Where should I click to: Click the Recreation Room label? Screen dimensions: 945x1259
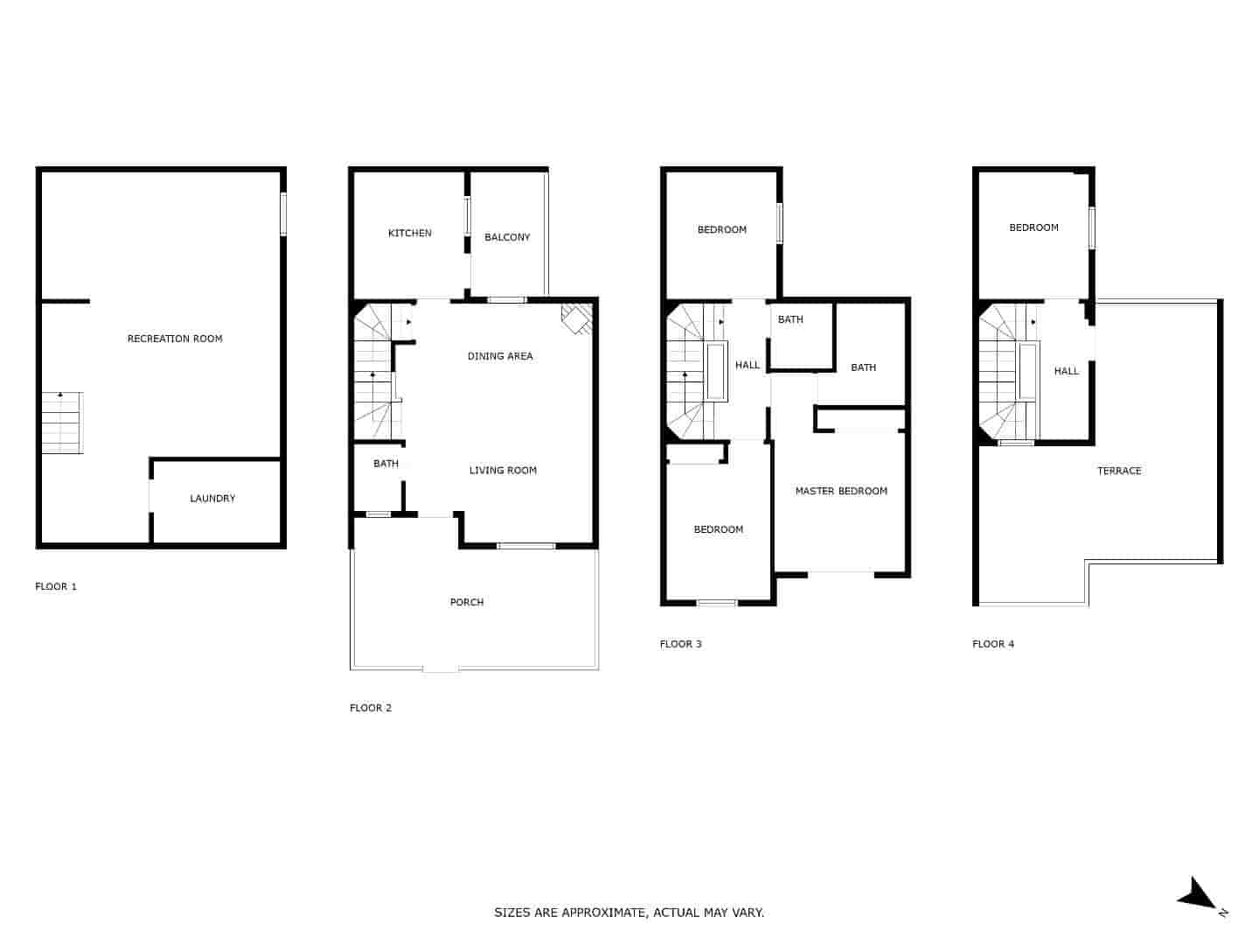[x=175, y=339]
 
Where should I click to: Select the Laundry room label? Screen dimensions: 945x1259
[x=212, y=499]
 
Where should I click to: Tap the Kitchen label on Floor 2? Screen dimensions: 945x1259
[x=409, y=234]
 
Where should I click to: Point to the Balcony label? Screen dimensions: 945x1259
[x=507, y=237]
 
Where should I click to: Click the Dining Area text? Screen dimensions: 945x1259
[x=499, y=356]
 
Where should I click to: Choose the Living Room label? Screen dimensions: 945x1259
[x=503, y=471]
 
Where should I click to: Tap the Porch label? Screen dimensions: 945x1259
[x=467, y=602]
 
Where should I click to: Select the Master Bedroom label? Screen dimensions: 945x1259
[x=841, y=491]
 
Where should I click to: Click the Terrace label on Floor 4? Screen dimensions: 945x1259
[x=1119, y=471]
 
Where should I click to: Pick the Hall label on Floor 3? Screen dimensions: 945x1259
[x=748, y=365]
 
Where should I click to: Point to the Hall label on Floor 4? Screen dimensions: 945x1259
[x=1066, y=371]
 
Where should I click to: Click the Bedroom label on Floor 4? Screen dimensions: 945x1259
[x=1033, y=227]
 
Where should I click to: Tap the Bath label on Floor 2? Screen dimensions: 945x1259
[x=386, y=464]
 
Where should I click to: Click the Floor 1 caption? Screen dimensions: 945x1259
[x=56, y=586]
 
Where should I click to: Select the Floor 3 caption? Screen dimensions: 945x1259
[x=680, y=644]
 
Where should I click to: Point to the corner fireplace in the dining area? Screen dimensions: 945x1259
[x=576, y=318]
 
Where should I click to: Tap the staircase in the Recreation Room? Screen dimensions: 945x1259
[x=62, y=423]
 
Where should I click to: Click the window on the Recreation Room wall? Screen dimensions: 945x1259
[x=282, y=213]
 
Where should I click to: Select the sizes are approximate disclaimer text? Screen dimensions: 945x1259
[x=629, y=913]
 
